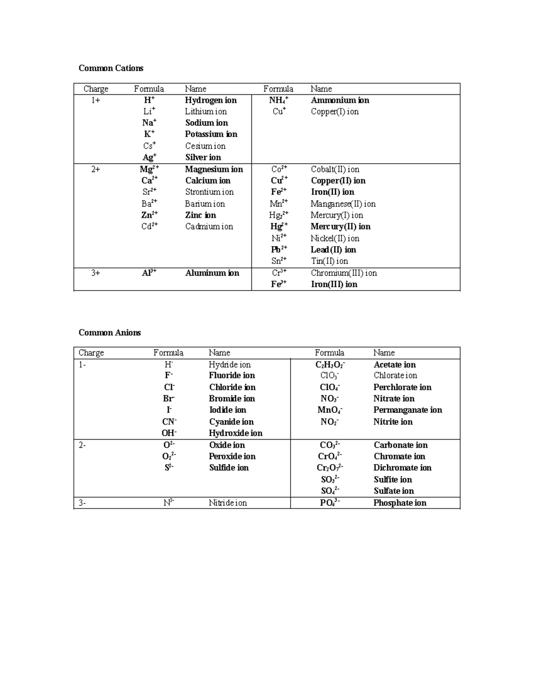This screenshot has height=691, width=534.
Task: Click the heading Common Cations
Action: pyautogui.click(x=111, y=68)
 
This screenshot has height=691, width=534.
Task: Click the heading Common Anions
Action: pyautogui.click(x=109, y=332)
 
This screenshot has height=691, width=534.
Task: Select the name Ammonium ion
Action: pyautogui.click(x=340, y=100)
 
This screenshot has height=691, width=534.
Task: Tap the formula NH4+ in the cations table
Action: pyautogui.click(x=279, y=100)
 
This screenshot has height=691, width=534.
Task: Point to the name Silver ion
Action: pyautogui.click(x=203, y=157)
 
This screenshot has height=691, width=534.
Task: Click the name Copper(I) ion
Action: pyautogui.click(x=335, y=111)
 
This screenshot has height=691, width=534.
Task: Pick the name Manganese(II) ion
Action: pyautogui.click(x=343, y=204)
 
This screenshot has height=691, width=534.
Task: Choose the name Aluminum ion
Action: pyautogui.click(x=212, y=273)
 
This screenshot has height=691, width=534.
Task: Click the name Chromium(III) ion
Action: pyautogui.click(x=344, y=273)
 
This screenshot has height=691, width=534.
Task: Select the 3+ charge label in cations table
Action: pyautogui.click(x=96, y=273)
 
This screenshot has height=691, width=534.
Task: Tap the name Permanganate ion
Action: pyautogui.click(x=408, y=410)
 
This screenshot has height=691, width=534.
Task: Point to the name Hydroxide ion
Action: pyautogui.click(x=235, y=433)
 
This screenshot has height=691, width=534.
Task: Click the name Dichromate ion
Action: pyautogui.click(x=402, y=468)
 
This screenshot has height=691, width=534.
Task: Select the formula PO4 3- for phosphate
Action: pyautogui.click(x=330, y=503)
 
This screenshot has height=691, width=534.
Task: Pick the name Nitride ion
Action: pyautogui.click(x=227, y=503)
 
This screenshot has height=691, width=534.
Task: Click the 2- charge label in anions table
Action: pyautogui.click(x=82, y=445)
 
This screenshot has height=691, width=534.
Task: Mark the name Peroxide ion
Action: pyautogui.click(x=232, y=456)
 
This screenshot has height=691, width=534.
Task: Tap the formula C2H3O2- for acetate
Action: pyautogui.click(x=330, y=365)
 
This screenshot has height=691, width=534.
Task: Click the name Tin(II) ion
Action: pyautogui.click(x=329, y=261)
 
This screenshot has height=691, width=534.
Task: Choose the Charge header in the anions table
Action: pyautogui.click(x=91, y=353)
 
